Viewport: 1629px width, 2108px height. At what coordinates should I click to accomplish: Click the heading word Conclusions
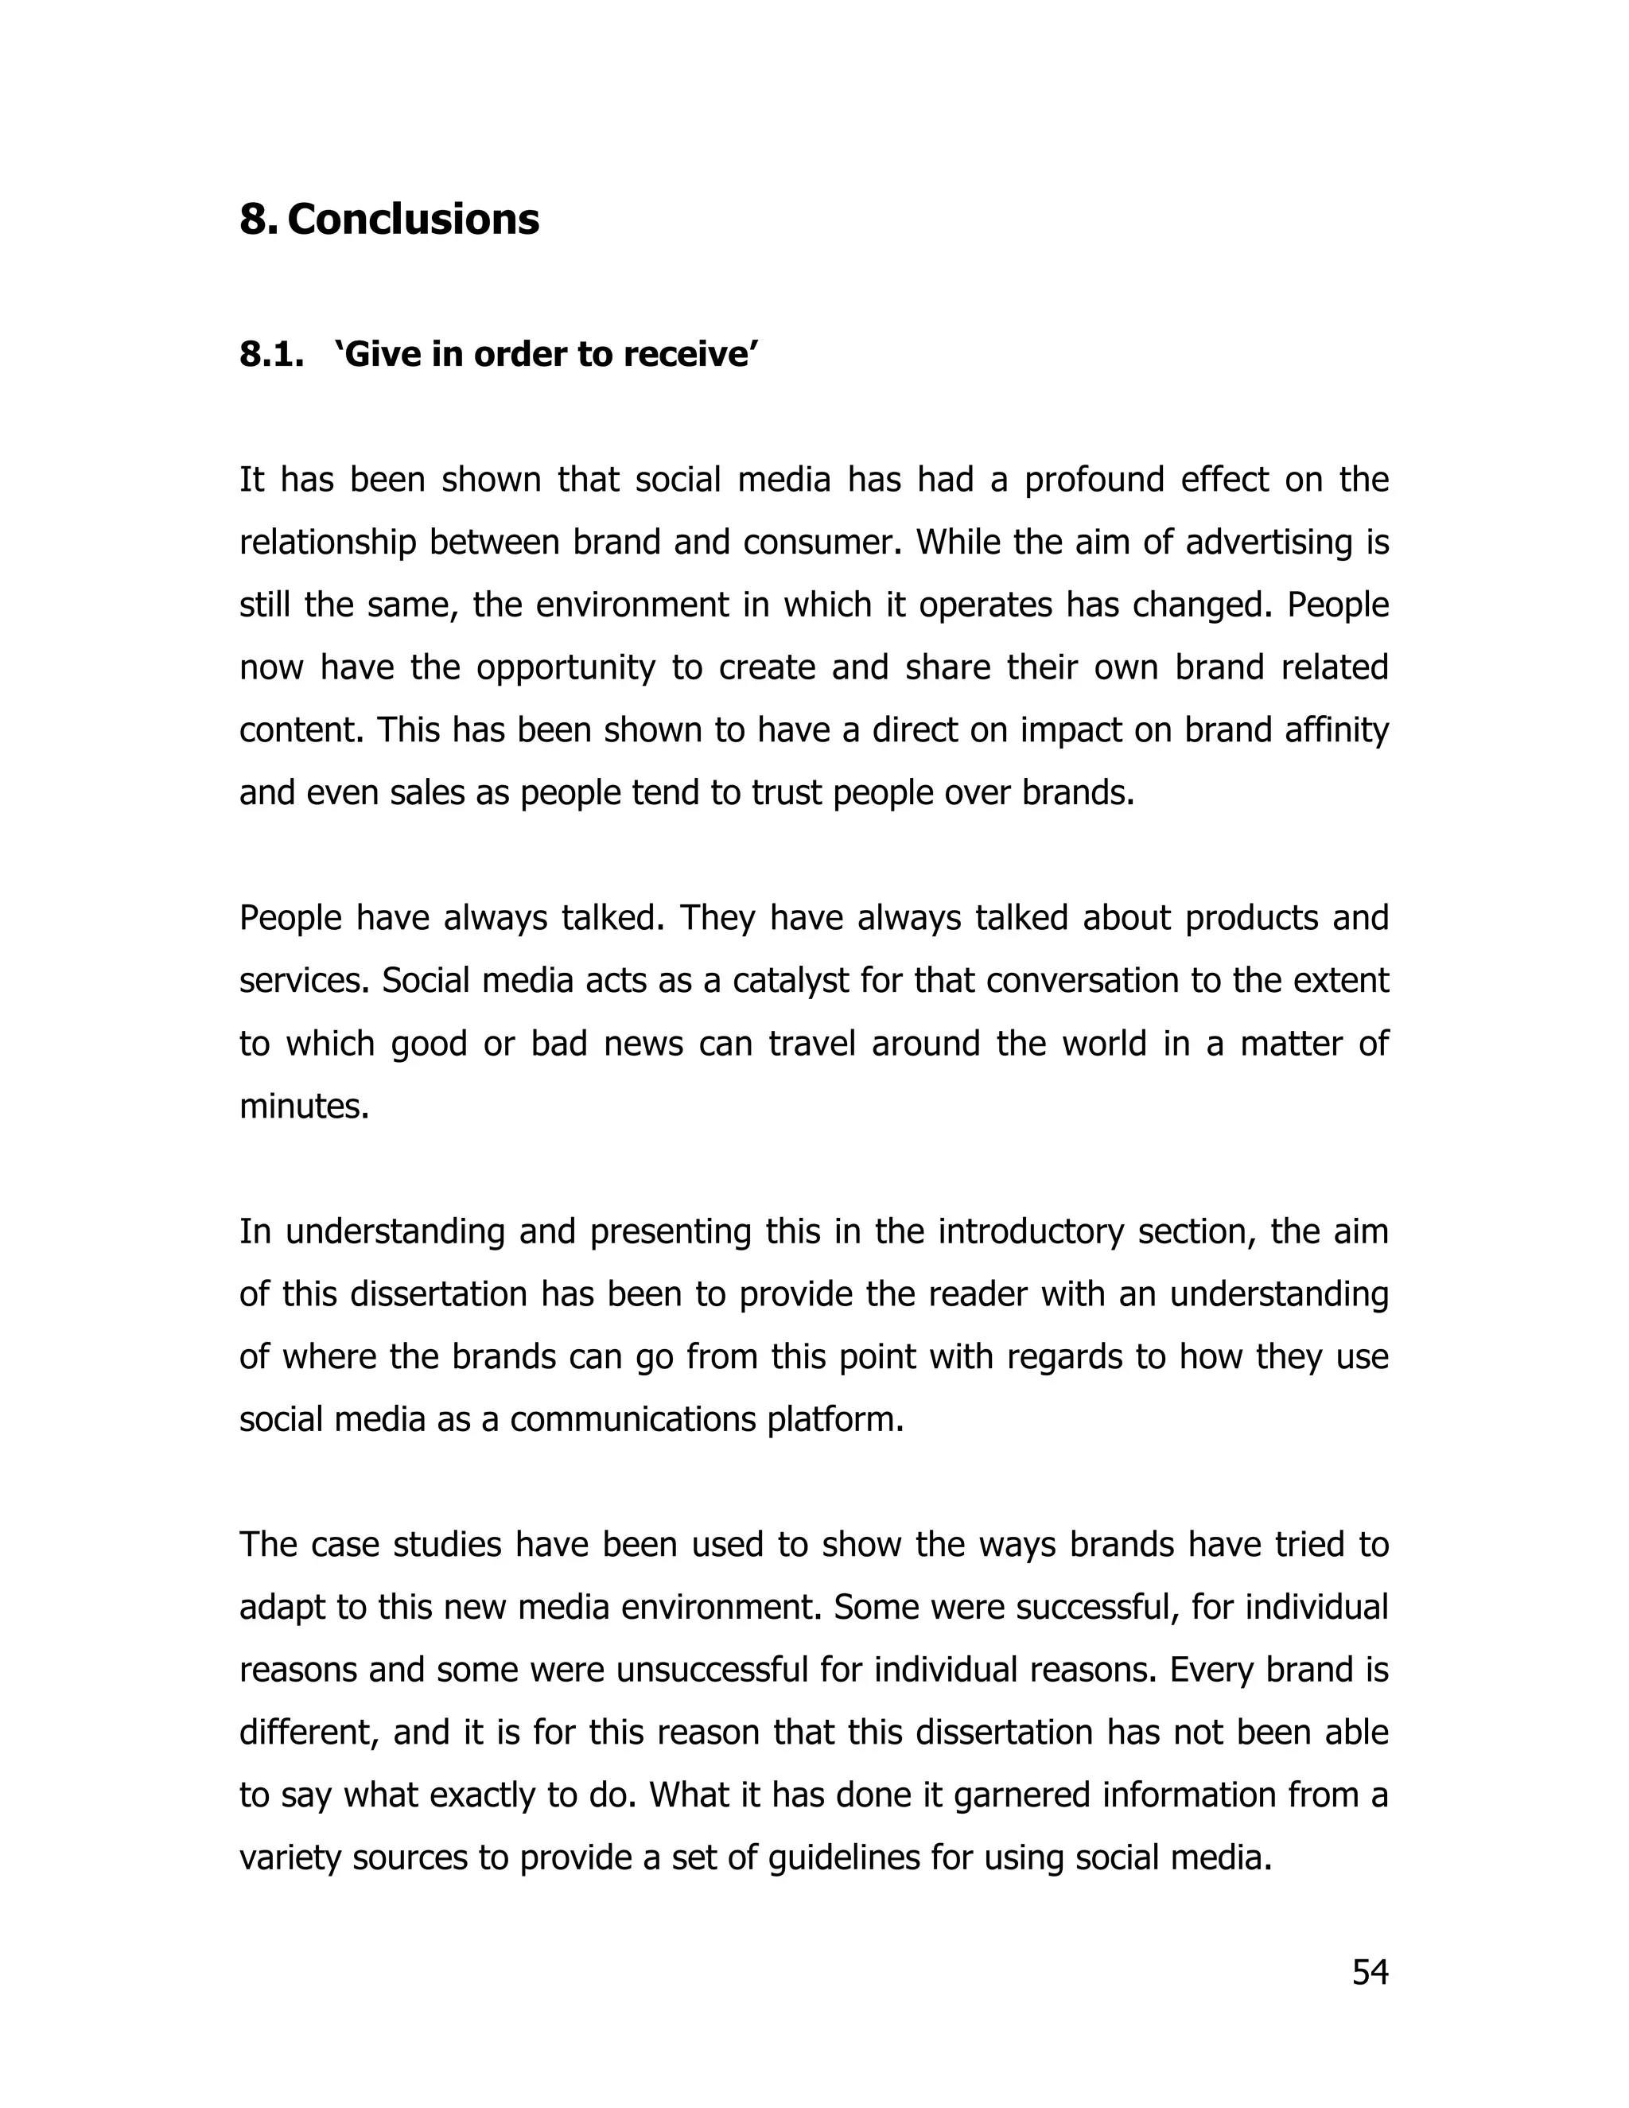[413, 220]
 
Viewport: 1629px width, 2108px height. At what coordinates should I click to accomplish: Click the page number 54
[1370, 1973]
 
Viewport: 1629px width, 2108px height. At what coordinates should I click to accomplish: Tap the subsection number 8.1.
[271, 356]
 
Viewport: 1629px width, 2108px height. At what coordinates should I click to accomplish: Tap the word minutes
[304, 1107]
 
